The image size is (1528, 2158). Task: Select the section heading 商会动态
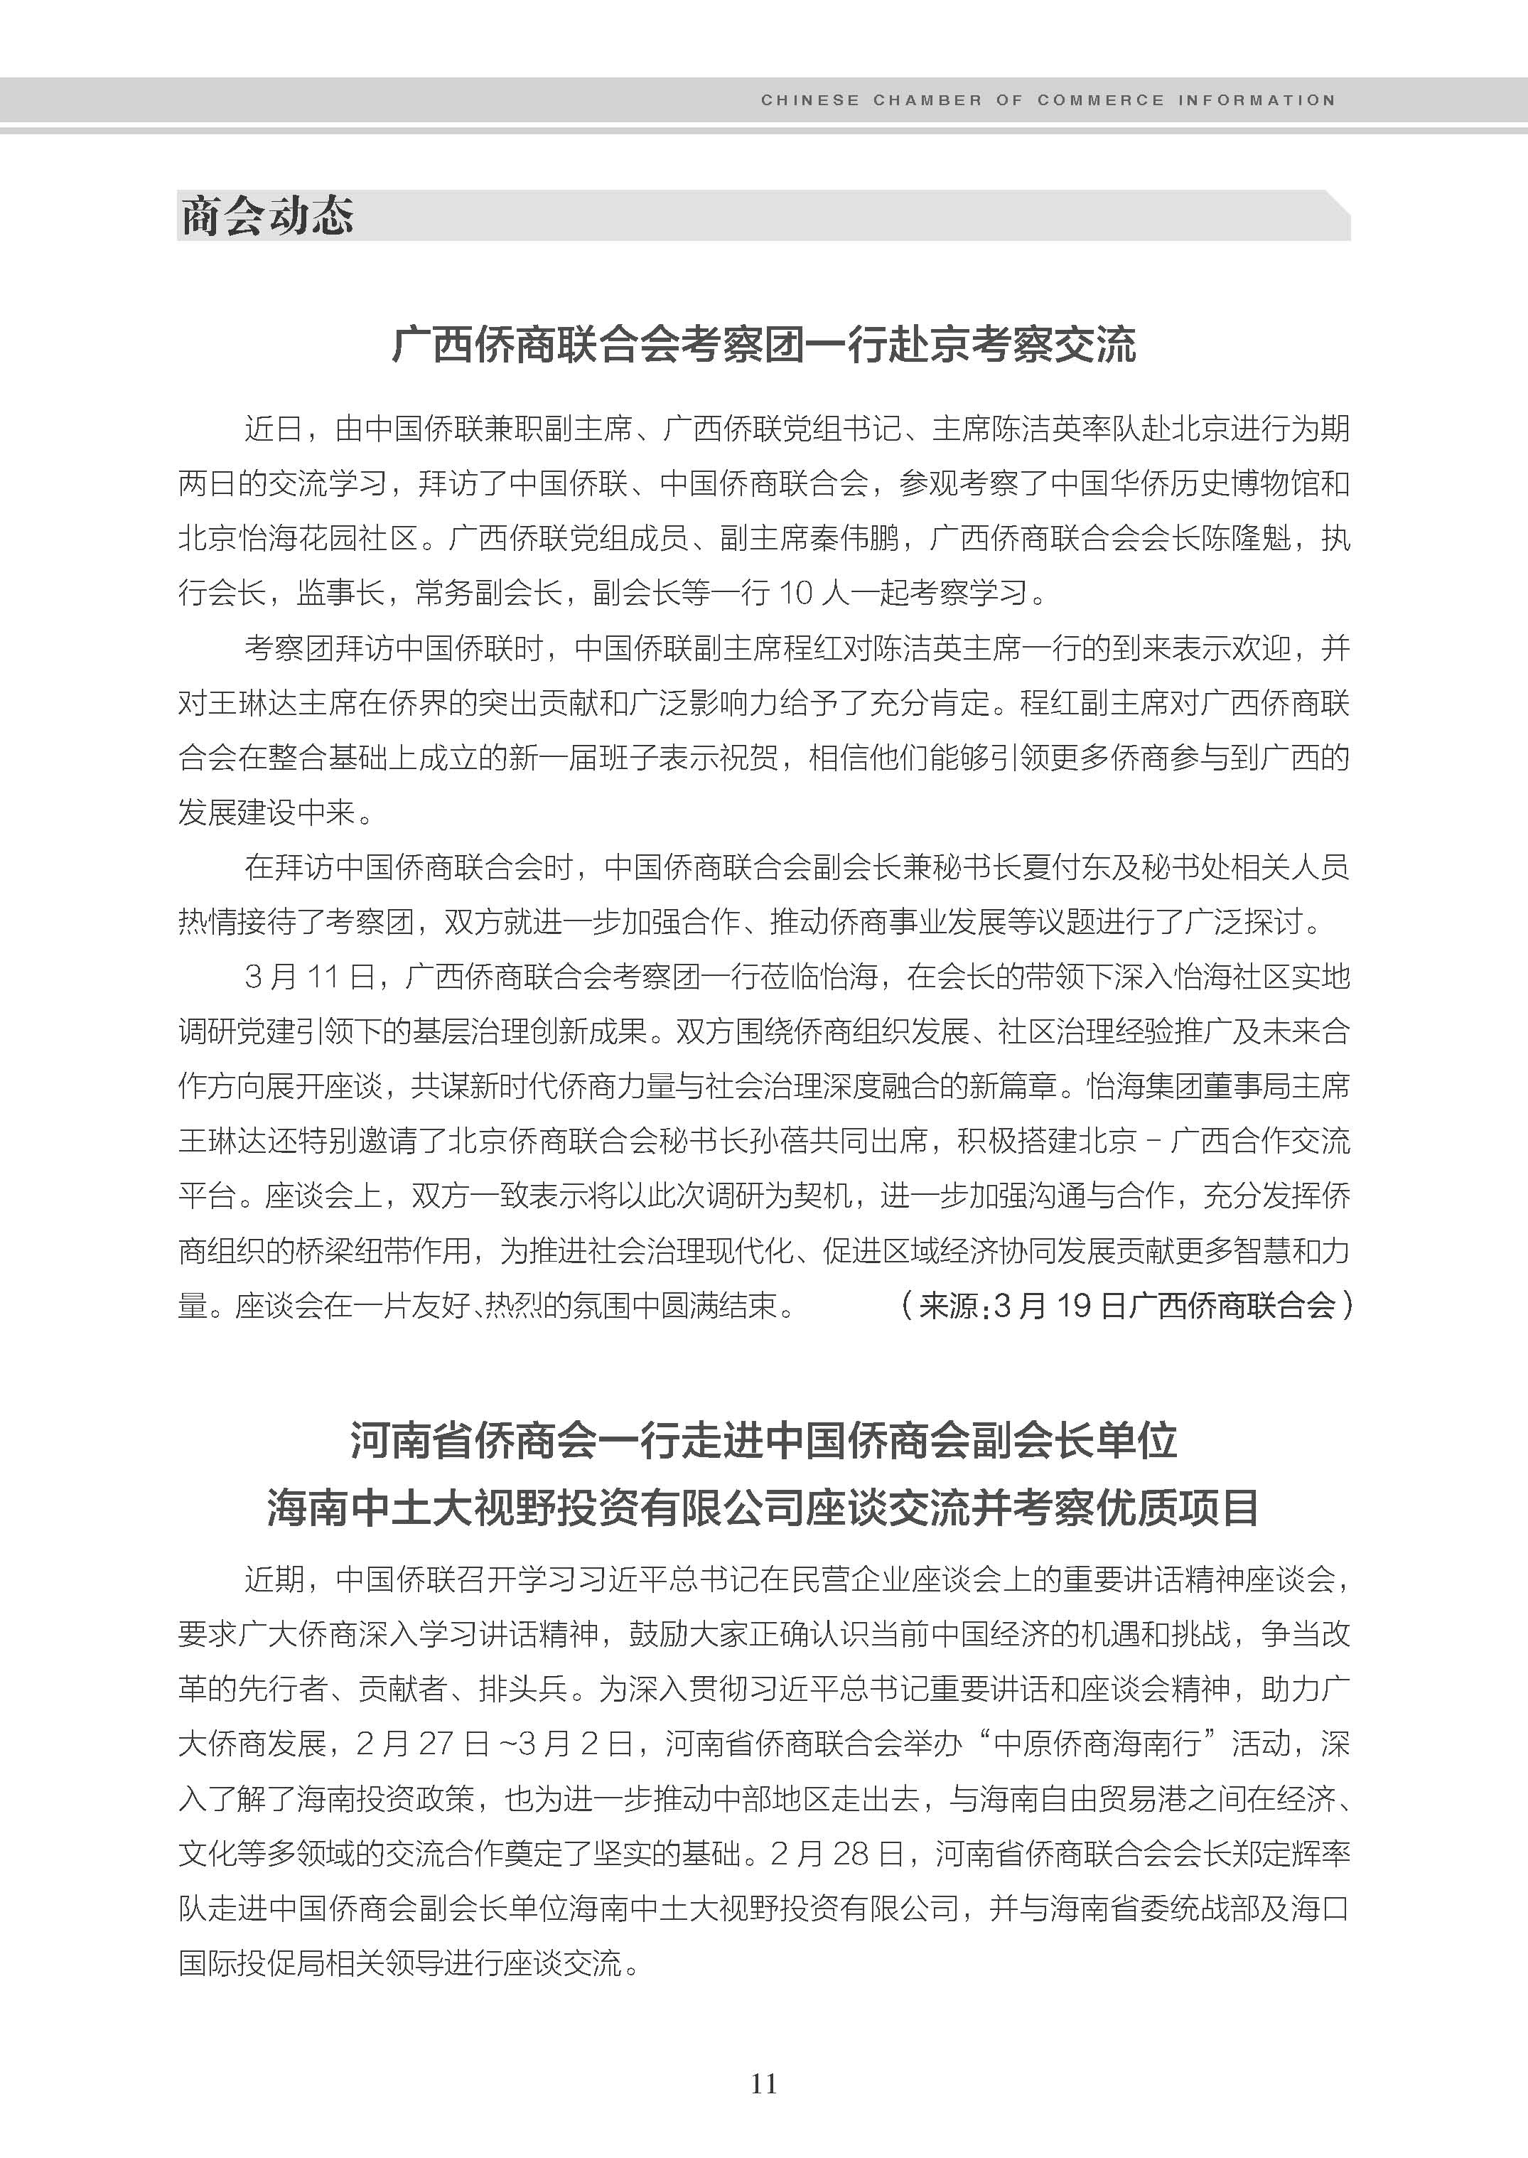267,217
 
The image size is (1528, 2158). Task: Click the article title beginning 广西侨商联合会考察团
763,345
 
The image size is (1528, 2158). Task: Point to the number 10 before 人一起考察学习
795,593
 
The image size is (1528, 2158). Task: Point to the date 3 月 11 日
308,977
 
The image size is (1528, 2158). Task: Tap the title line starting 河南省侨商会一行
763,1441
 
